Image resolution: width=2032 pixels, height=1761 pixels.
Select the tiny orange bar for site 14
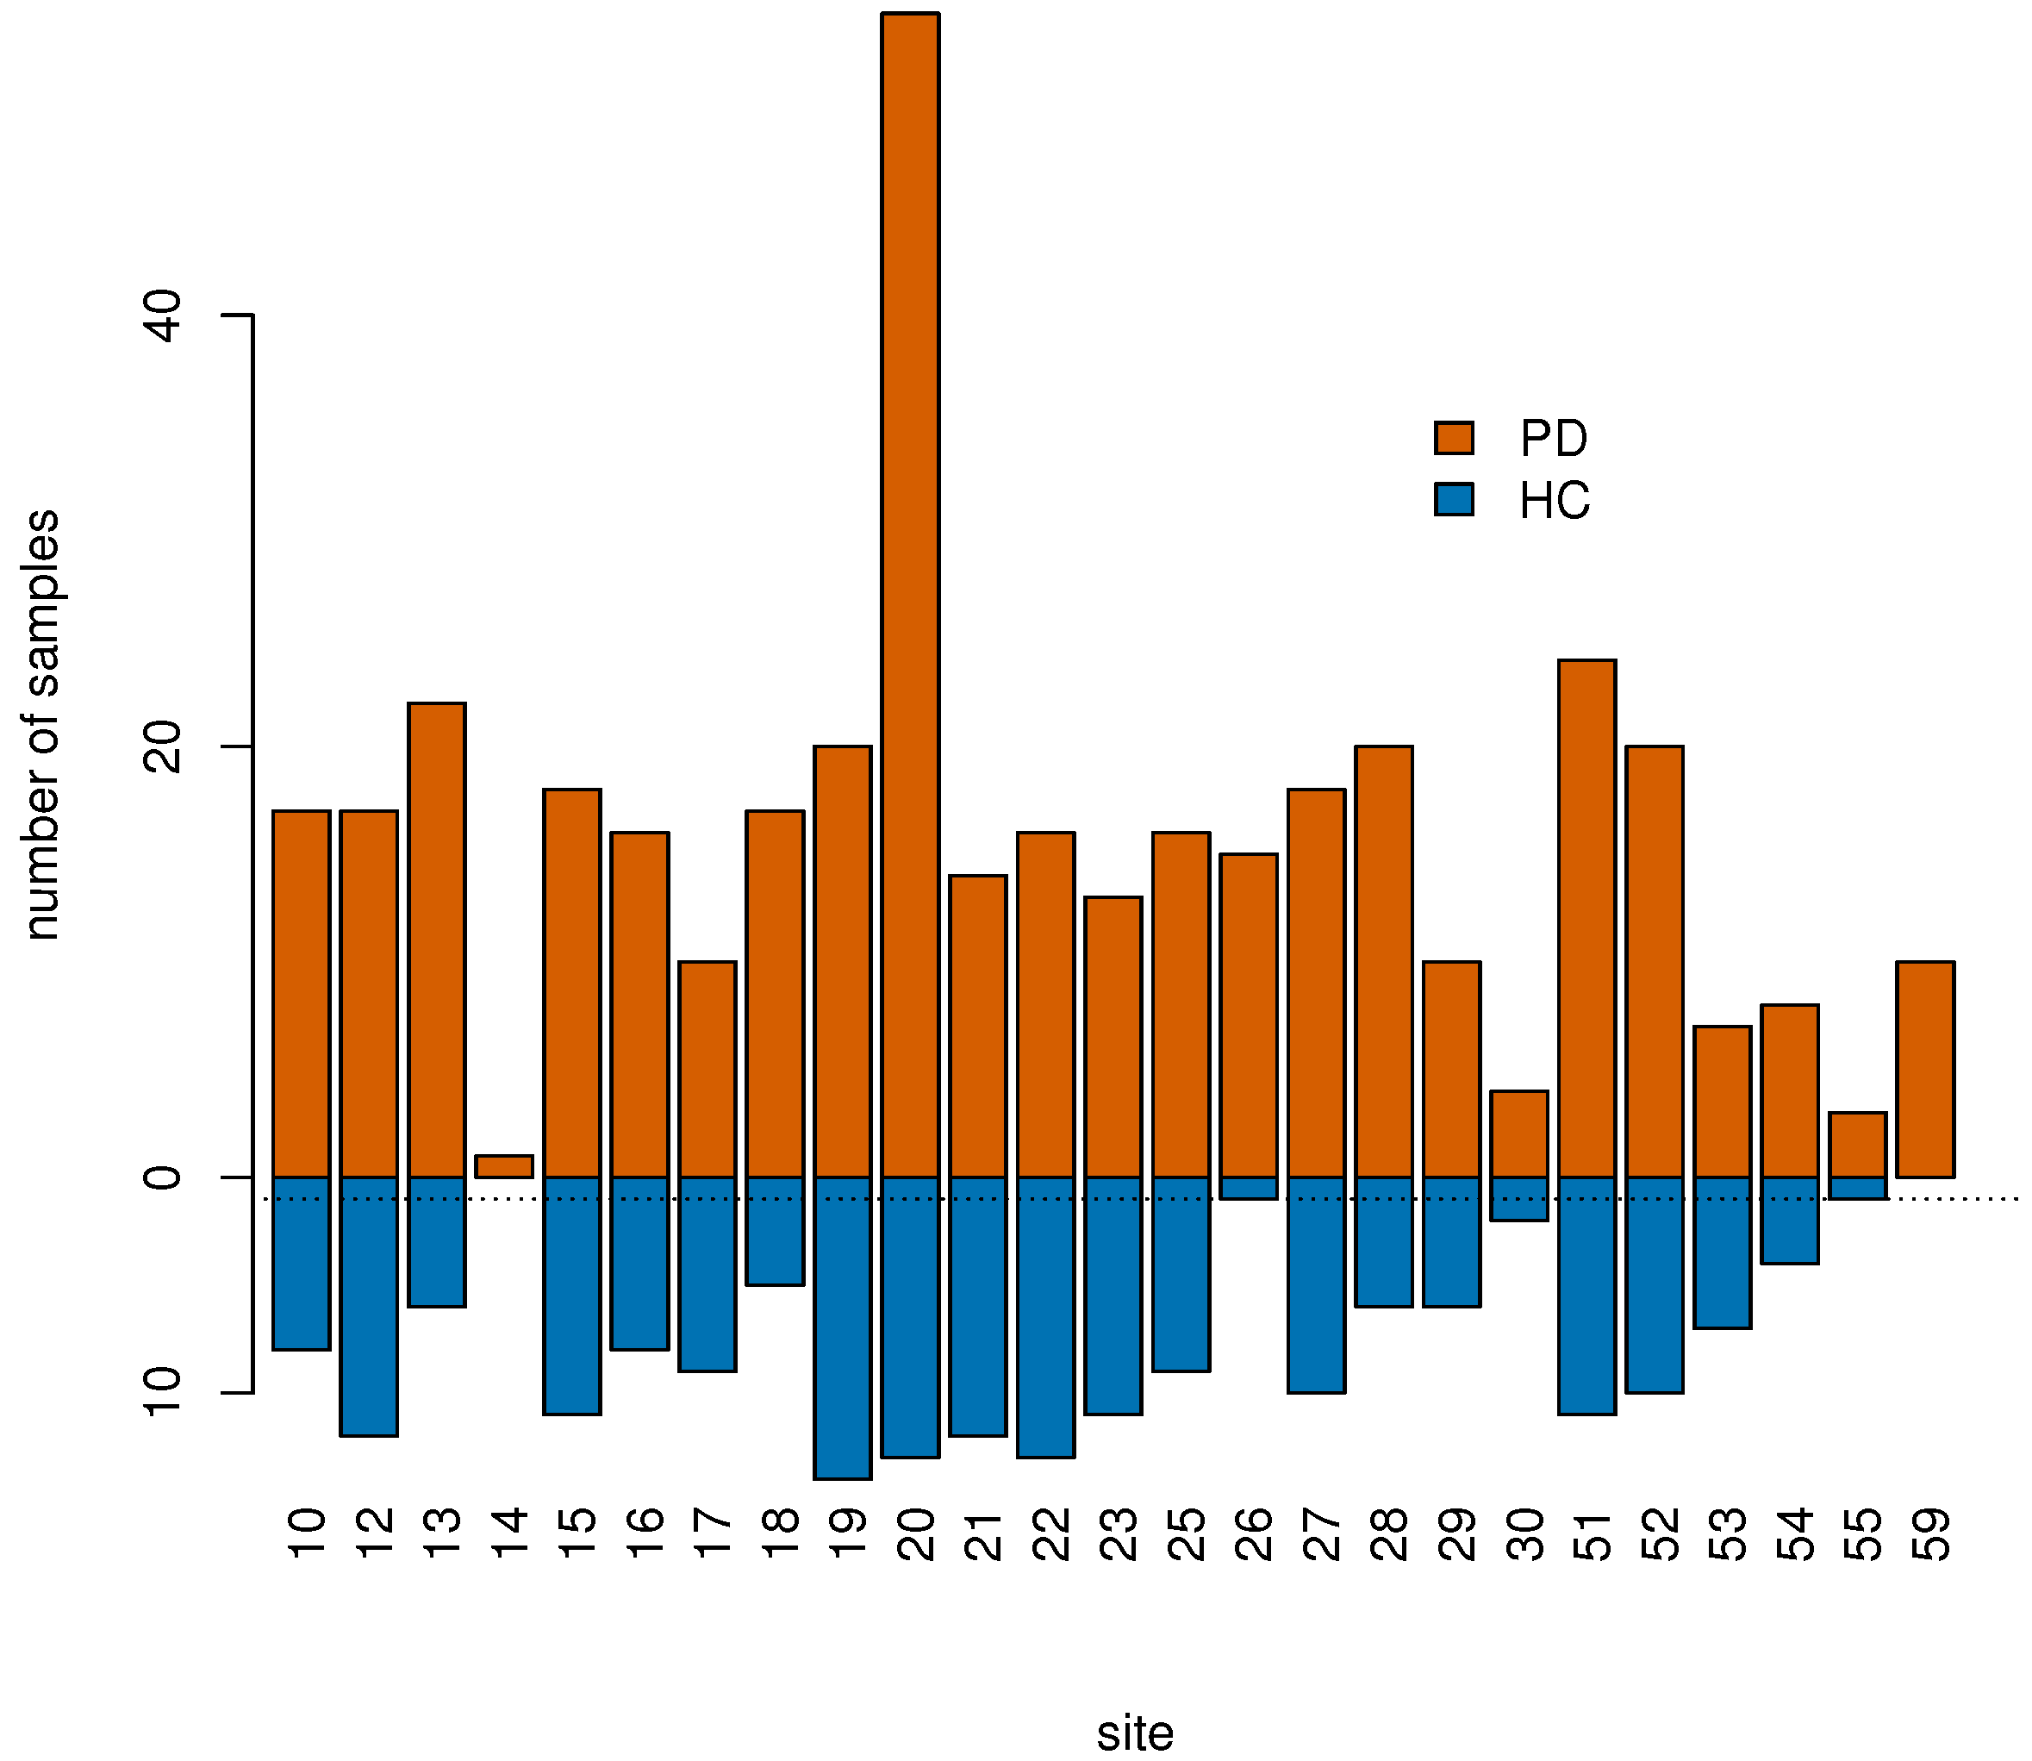(x=503, y=1166)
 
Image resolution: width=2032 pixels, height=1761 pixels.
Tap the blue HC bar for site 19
(x=842, y=1327)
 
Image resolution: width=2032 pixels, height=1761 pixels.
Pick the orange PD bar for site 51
(x=1586, y=919)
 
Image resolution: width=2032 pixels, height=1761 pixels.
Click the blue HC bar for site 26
(x=1248, y=1188)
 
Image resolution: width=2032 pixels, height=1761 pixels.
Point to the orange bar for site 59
(x=1925, y=1069)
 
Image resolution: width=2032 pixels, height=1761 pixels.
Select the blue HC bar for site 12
(x=369, y=1306)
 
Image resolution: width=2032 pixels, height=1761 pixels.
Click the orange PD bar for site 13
(x=436, y=940)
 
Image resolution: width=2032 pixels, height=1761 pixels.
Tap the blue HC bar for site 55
(x=1857, y=1188)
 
